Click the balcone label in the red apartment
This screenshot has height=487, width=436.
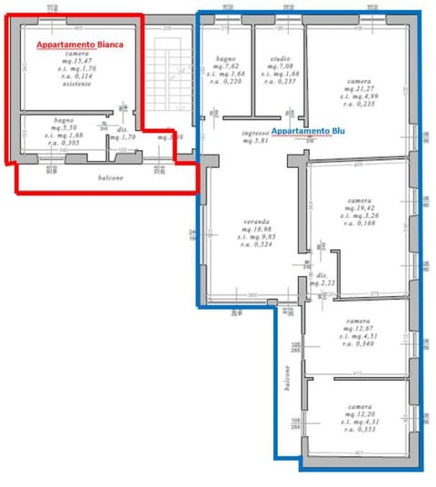(112, 177)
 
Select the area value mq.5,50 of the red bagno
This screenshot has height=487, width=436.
(63, 128)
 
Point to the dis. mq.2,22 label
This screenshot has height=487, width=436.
(322, 281)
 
